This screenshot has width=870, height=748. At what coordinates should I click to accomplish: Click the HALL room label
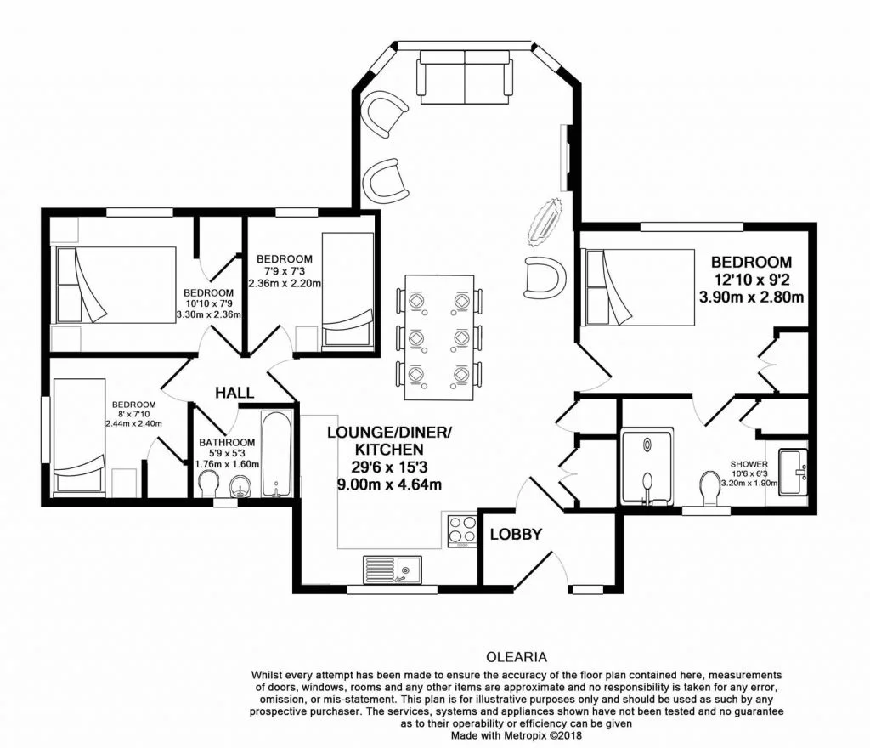coord(234,392)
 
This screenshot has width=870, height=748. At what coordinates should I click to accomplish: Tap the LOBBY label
coord(516,535)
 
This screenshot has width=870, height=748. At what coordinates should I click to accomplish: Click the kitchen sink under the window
coord(393,568)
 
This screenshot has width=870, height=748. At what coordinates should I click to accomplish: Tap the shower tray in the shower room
coord(647,467)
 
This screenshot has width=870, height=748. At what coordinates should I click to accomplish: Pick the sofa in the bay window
coord(465,73)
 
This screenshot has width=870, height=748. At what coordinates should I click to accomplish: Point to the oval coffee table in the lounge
coord(545,220)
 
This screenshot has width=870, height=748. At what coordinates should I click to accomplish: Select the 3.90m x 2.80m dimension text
coord(751,297)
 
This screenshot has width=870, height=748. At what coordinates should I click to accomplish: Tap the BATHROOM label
coord(227,442)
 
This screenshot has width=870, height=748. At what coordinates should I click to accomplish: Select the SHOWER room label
coord(749,464)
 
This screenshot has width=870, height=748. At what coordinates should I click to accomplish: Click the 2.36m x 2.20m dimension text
coord(285,283)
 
